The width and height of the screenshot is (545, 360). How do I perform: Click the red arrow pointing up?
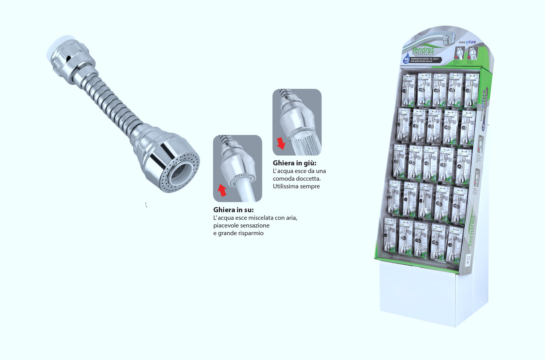click(x=222, y=190)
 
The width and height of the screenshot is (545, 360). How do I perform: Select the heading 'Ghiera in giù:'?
click(x=294, y=163)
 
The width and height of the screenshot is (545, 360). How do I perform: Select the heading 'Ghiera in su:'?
click(x=233, y=210)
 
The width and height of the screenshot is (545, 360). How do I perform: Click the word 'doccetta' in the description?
click(x=309, y=179)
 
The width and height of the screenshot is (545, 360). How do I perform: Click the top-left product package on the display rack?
click(x=408, y=91)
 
